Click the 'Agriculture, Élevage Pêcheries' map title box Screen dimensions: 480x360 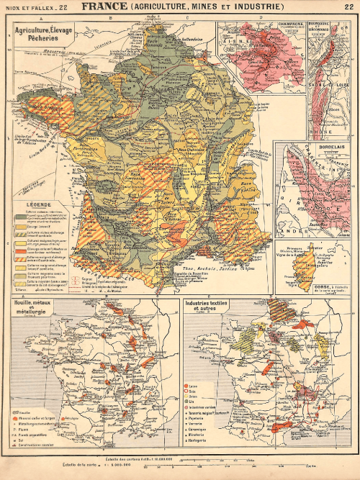coord(44,37)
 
